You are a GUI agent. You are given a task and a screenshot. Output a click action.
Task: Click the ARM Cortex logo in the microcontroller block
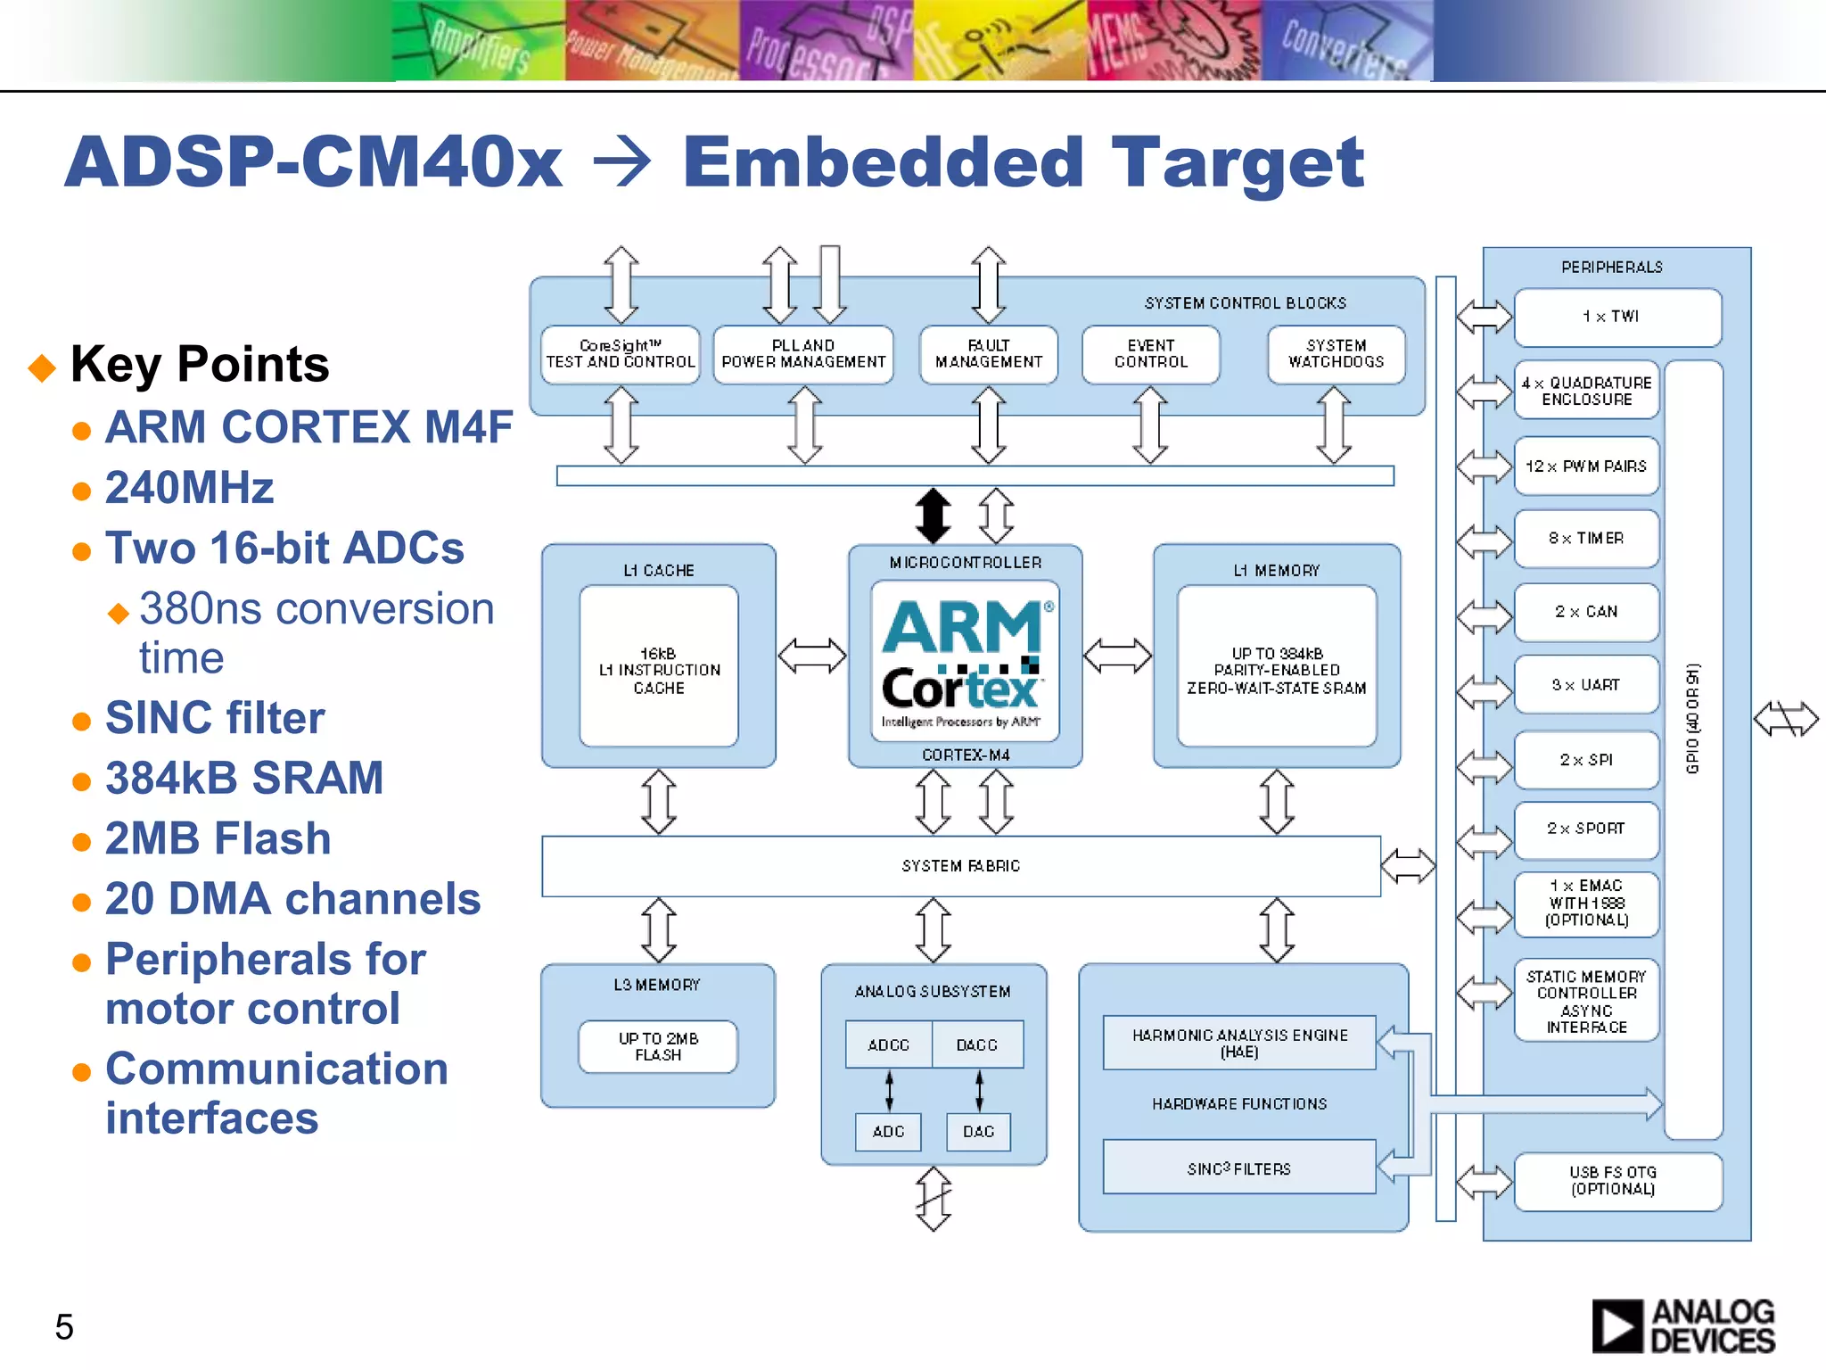[x=965, y=661]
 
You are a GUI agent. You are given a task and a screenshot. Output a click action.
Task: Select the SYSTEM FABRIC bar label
[x=960, y=866]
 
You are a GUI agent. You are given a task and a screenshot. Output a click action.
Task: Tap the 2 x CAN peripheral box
[x=1586, y=612]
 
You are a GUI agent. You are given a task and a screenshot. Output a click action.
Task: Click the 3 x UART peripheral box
[x=1586, y=685]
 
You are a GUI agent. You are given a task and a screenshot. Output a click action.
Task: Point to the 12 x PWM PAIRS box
[x=1586, y=466]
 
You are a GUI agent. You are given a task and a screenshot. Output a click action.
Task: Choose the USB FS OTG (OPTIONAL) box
[x=1616, y=1181]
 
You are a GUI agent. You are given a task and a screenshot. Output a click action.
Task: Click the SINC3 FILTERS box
[x=1238, y=1168]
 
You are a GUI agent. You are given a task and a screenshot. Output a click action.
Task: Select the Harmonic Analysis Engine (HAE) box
[x=1238, y=1043]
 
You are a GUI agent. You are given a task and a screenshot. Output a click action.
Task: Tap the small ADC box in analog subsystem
[x=888, y=1132]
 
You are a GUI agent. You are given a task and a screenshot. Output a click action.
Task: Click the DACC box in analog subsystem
[x=977, y=1044]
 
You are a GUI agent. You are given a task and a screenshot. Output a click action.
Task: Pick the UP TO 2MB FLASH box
[x=658, y=1047]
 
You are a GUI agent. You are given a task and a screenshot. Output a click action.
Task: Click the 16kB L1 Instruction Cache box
[x=659, y=669]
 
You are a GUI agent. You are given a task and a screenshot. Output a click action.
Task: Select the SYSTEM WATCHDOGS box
[x=1336, y=354]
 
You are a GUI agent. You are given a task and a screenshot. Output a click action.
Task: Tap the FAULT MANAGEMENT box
[x=988, y=354]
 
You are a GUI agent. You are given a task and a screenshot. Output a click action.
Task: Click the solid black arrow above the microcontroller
[x=933, y=516]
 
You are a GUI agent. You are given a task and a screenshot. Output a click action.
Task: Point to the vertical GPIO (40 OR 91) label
[x=1693, y=718]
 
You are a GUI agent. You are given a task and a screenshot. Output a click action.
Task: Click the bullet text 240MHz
[x=189, y=488]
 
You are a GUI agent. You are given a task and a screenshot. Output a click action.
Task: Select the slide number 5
[x=64, y=1327]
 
